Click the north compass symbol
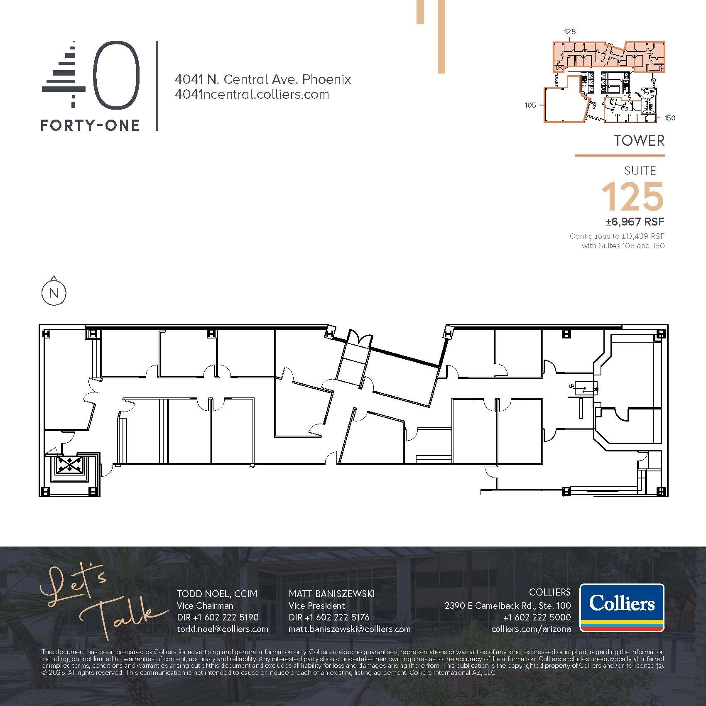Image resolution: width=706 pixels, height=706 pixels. [x=54, y=293]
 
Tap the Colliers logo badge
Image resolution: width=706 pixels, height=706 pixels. [x=622, y=607]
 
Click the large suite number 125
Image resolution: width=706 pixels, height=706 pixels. [x=632, y=197]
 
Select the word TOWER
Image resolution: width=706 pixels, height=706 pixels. [x=639, y=141]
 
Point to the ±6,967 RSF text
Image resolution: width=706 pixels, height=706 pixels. [x=635, y=222]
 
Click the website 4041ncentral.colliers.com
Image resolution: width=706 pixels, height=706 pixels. [x=252, y=94]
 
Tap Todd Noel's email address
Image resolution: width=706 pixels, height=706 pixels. [x=222, y=629]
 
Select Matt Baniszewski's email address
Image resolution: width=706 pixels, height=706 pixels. [x=349, y=629]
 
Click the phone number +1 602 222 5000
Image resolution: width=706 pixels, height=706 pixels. [x=537, y=617]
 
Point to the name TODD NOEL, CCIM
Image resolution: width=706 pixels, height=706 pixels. [x=217, y=594]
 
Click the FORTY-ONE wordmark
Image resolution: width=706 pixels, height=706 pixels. [x=90, y=125]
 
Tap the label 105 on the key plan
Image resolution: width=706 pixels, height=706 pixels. [x=530, y=105]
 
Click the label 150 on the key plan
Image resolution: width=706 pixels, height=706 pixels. [x=669, y=118]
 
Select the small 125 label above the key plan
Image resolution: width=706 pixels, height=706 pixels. [x=570, y=32]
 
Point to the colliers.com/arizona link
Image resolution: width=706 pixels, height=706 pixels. [x=531, y=629]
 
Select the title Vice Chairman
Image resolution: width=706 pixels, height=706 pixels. [x=205, y=605]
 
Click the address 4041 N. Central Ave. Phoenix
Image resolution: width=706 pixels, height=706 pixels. [x=263, y=79]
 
